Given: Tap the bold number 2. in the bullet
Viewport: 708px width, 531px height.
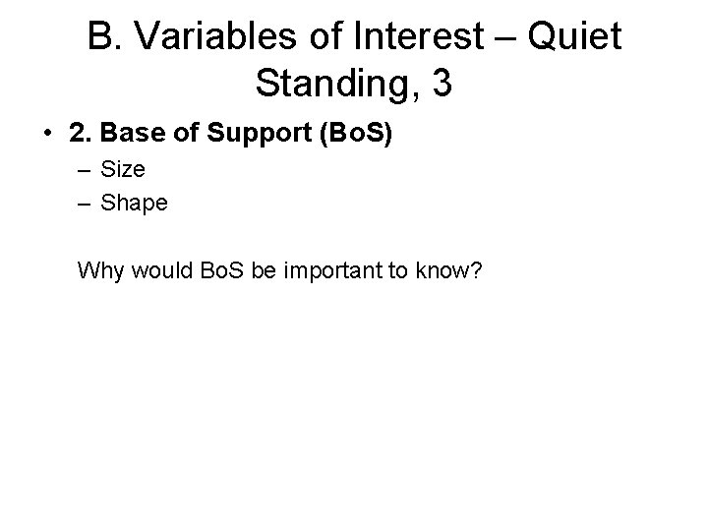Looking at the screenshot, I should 78,132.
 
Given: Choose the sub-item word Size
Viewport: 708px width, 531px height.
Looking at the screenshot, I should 124,169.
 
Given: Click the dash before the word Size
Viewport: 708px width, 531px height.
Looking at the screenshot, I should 86,169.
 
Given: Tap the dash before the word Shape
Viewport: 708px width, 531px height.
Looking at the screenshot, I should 86,204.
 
